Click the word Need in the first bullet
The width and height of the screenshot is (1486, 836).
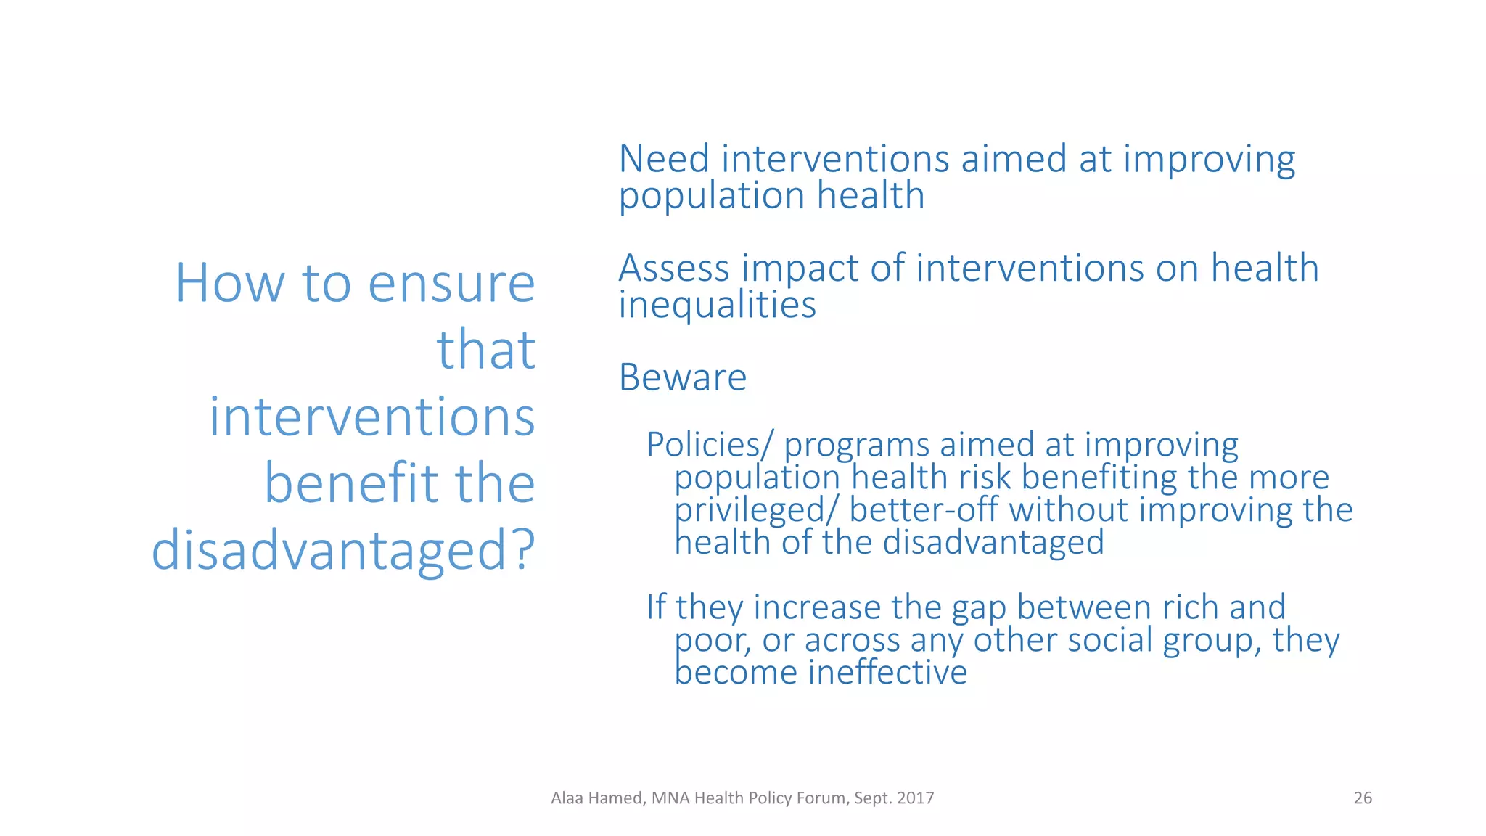tap(663, 159)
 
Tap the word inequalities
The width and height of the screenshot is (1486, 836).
tap(717, 305)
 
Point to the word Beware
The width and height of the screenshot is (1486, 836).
tap(682, 377)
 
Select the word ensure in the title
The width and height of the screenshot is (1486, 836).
tap(451, 284)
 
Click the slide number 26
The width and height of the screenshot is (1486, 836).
tap(1363, 798)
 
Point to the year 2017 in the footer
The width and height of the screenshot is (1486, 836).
tap(915, 798)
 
